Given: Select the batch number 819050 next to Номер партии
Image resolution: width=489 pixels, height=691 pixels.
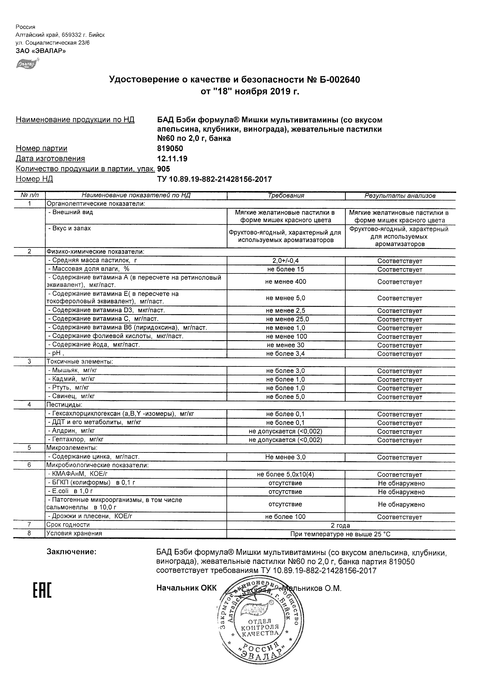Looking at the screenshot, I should tap(170, 148).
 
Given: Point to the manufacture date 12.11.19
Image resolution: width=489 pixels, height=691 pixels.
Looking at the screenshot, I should tap(172, 159).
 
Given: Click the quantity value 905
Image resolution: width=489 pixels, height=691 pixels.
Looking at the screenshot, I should tap(163, 169).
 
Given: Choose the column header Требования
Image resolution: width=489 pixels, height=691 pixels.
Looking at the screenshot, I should tap(286, 195).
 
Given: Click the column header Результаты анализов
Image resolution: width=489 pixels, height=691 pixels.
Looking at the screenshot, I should tap(400, 195).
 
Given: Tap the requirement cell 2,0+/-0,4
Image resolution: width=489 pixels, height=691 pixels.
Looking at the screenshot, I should tap(285, 261).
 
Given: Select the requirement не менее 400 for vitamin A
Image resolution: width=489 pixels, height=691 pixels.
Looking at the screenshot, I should tap(285, 282).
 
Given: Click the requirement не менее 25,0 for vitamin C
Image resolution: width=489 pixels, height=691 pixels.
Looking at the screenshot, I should tap(287, 319).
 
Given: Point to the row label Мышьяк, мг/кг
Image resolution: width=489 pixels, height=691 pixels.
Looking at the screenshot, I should tap(73, 371).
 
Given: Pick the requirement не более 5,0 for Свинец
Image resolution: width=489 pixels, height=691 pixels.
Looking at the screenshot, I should tap(285, 397).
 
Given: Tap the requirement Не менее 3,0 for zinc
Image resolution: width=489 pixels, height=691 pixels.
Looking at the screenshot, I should tap(285, 457).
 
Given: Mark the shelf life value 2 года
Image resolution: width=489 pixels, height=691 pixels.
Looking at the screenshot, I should tap(340, 525).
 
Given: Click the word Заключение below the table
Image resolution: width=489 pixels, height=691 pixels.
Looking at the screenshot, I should tap(72, 552).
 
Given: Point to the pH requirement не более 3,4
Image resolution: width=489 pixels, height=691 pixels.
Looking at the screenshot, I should tap(285, 354).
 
